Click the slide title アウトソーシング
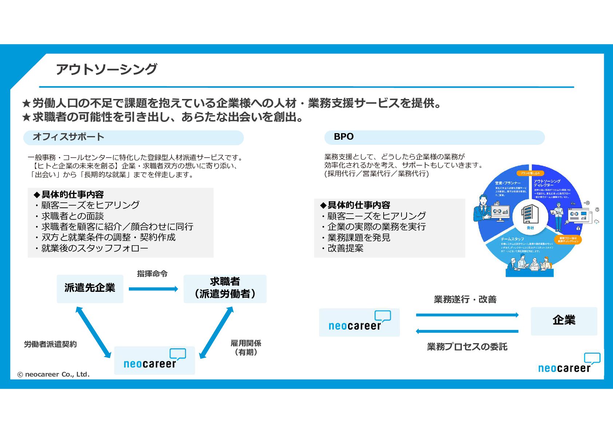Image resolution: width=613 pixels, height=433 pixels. pyautogui.click(x=106, y=69)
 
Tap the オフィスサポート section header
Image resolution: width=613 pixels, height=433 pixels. pyautogui.click(x=68, y=137)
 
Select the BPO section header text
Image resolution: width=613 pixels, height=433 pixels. pyautogui.click(x=344, y=137)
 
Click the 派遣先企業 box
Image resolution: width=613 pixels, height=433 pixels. pyautogui.click(x=90, y=289)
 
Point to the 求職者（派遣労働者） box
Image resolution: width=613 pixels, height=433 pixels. pyautogui.click(x=225, y=289)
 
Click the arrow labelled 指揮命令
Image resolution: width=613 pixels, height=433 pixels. pyautogui.click(x=153, y=289)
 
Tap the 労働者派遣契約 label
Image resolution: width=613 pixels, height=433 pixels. pyautogui.click(x=50, y=344)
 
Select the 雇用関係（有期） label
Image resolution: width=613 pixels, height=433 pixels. pyautogui.click(x=246, y=347)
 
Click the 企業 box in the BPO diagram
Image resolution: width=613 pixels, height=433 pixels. pyautogui.click(x=564, y=321)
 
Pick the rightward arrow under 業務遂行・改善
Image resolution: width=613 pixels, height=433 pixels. pyautogui.click(x=467, y=315)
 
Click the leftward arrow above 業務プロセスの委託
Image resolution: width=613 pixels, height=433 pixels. pyautogui.click(x=467, y=331)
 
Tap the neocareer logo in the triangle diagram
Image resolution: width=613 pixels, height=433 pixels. pyautogui.click(x=154, y=360)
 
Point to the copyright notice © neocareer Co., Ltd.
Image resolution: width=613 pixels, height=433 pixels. pyautogui.click(x=53, y=374)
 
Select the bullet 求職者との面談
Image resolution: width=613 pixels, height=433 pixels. pyautogui.click(x=72, y=216)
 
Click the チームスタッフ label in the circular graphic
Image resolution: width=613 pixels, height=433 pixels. pyautogui.click(x=512, y=239)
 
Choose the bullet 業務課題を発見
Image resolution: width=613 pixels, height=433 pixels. pyautogui.click(x=359, y=238)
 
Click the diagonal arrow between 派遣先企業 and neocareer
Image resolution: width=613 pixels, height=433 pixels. pyautogui.click(x=93, y=332)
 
